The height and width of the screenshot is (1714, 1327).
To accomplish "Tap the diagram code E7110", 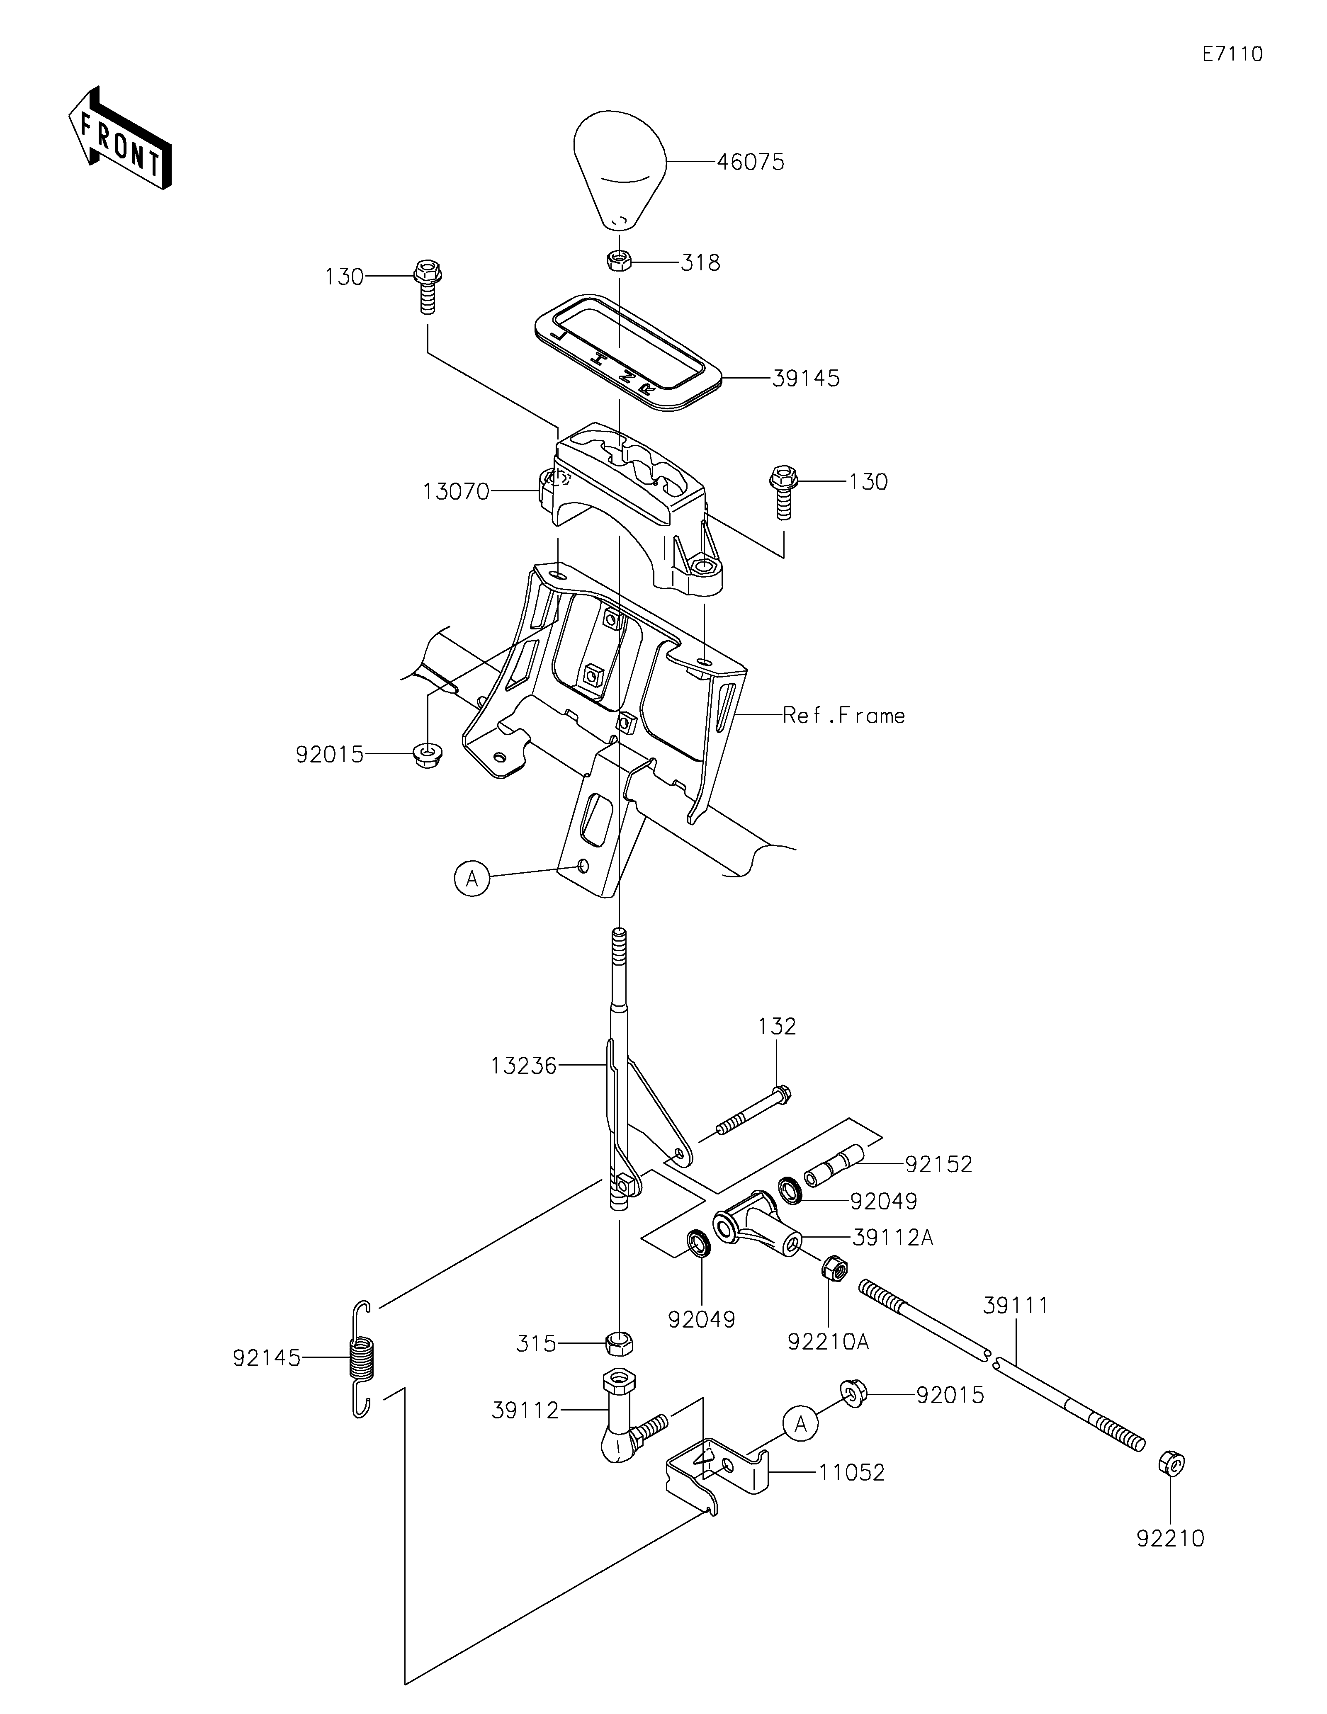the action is click(x=1233, y=54).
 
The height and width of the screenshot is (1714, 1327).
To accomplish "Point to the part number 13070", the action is click(x=456, y=492).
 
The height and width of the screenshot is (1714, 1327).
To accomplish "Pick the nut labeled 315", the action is click(x=619, y=1343).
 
